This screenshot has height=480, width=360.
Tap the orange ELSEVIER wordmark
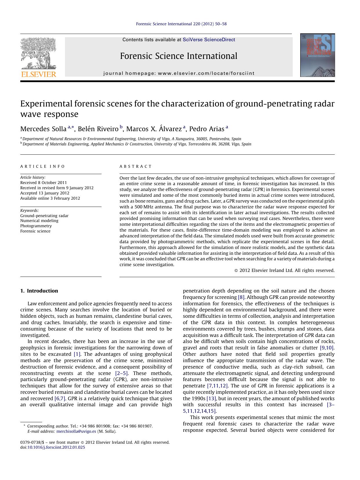coord(39,74)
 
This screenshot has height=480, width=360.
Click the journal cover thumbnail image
coord(317,55)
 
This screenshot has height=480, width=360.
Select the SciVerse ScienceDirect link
coord(209,40)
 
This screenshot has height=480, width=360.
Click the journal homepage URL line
coord(179,73)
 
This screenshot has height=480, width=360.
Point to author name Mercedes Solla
coord(43,129)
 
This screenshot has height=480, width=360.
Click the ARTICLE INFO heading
coord(43,167)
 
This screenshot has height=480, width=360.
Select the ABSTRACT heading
coord(136,167)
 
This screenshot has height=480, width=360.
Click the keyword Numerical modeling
coord(39,221)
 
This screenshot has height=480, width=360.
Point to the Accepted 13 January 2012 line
coord(45,193)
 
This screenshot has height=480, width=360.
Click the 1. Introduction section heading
coord(39,291)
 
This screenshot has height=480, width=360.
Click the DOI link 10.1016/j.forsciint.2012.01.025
coord(56,447)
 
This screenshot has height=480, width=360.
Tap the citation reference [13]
coord(211,398)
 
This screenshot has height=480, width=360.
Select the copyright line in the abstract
coord(284,270)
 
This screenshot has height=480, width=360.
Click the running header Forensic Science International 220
coord(181,24)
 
